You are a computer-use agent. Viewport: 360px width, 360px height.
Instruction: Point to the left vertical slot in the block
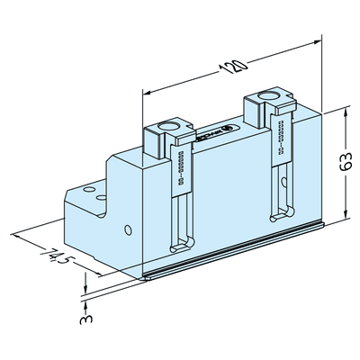pos(182,207)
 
